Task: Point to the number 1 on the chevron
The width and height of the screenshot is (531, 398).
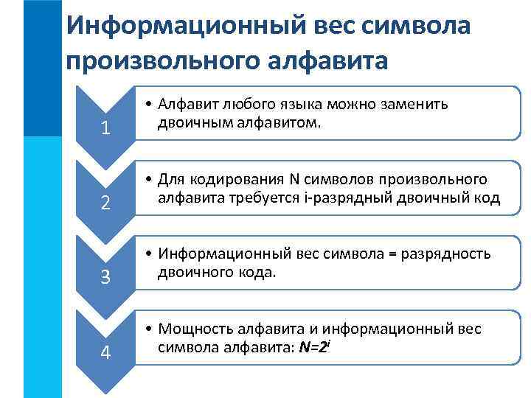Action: click(x=106, y=129)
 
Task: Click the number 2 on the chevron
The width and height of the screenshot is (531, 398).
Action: click(x=106, y=204)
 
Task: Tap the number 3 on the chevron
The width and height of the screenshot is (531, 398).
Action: click(x=106, y=279)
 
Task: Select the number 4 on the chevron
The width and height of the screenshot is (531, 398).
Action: click(x=106, y=353)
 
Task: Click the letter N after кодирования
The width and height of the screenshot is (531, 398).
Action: click(x=293, y=180)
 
